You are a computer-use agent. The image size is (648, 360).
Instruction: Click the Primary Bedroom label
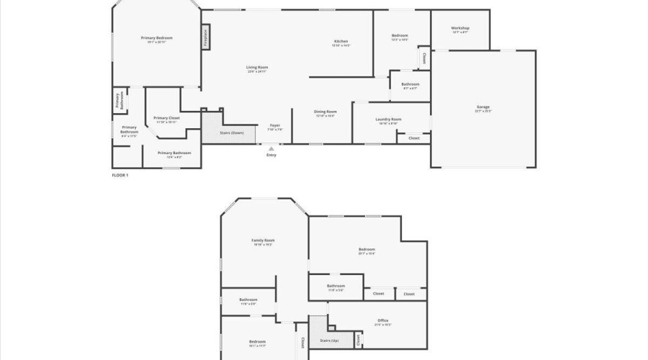156,37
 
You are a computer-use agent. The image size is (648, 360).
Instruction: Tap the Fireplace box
206,36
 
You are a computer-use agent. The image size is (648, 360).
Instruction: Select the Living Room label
257,67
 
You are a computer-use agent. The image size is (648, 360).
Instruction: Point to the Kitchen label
341,41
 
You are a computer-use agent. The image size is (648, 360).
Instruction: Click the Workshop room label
460,28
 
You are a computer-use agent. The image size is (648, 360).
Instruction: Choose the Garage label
483,107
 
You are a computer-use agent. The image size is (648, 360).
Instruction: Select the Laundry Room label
388,119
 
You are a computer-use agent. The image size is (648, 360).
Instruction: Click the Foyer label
275,125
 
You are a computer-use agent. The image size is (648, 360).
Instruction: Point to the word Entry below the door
271,156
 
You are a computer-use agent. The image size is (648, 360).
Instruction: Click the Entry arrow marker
271,148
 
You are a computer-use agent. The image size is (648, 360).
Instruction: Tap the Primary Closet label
166,117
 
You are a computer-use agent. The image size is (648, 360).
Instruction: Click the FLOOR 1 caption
120,175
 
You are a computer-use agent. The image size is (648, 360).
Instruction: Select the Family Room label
263,240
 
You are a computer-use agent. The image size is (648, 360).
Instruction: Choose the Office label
382,320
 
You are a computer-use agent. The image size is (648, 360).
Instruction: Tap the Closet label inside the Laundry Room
414,138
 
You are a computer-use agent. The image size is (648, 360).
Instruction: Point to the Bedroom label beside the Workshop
400,36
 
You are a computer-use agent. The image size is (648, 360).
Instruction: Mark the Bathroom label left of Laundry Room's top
410,84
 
